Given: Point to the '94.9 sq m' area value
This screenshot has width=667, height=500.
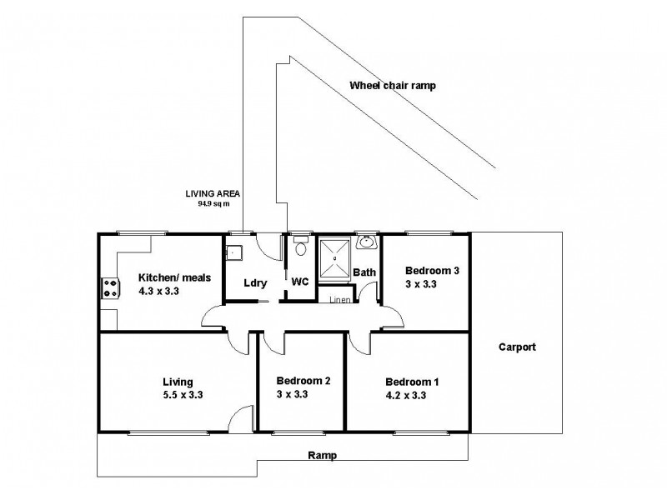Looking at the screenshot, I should (x=208, y=202).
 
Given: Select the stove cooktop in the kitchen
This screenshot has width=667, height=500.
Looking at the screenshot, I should (x=109, y=287).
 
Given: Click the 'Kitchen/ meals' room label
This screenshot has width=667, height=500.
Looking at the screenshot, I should (x=172, y=279).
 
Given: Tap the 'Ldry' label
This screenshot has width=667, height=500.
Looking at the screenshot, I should (x=254, y=282).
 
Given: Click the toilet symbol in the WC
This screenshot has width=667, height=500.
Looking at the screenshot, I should (x=300, y=247).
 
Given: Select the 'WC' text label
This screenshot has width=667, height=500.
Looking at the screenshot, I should (x=300, y=282).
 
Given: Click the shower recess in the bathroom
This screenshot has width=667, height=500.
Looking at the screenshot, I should (x=334, y=257).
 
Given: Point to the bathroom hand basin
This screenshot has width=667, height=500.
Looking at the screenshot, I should (x=366, y=242).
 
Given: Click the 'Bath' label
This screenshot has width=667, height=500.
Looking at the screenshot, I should (x=364, y=272).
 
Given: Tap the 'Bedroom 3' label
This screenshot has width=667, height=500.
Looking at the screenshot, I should (x=432, y=271).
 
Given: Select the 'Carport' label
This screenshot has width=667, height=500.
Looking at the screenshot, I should (x=517, y=347).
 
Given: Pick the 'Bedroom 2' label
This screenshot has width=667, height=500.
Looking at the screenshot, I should (x=303, y=381).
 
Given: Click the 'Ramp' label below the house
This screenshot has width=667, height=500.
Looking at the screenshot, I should (x=322, y=456).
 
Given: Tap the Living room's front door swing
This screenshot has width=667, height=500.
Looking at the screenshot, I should (x=242, y=417).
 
